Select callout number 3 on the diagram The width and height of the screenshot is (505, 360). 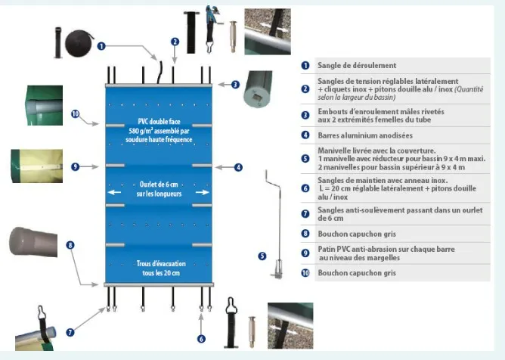point(235,85)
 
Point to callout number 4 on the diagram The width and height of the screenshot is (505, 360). point(238,166)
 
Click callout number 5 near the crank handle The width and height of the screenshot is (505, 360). point(262,256)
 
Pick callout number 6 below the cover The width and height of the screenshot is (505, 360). point(202,339)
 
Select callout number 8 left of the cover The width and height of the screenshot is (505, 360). point(70,245)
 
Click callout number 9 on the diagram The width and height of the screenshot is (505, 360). point(75,166)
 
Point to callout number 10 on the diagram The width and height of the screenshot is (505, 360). point(75,114)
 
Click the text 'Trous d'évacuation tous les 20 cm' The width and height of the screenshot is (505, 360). point(159,267)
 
